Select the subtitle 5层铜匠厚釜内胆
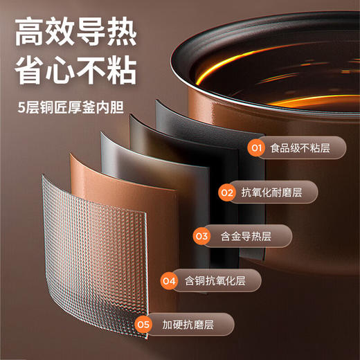(x=70, y=109)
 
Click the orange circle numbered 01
(x=257, y=148)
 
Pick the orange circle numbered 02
(x=227, y=192)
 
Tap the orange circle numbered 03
(x=202, y=236)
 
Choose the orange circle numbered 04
(x=170, y=281)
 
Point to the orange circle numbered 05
(x=144, y=324)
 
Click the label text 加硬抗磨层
(x=185, y=324)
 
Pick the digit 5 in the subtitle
(x=24, y=109)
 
